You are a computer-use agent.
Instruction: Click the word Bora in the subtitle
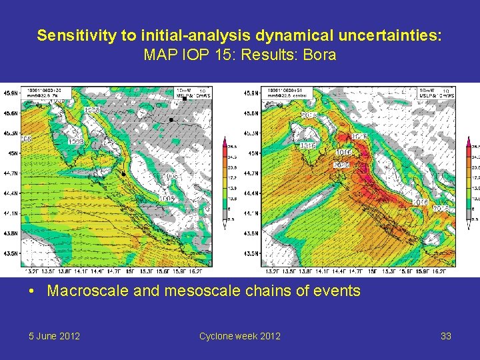click(x=320, y=55)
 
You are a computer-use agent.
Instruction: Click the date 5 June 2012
click(x=55, y=336)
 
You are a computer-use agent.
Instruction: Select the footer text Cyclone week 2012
click(x=239, y=336)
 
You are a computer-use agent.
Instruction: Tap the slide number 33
click(x=446, y=336)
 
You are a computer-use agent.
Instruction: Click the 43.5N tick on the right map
click(x=251, y=254)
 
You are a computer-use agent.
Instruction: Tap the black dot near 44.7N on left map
click(x=123, y=173)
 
